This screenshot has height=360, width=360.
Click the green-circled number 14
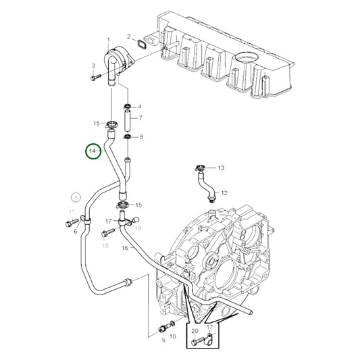93,152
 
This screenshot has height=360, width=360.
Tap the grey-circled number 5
76,198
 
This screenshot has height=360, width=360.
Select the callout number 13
220,167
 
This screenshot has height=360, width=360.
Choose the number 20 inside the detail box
195,331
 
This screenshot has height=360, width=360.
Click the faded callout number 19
105,246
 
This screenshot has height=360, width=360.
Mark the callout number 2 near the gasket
128,36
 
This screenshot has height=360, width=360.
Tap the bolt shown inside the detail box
197,342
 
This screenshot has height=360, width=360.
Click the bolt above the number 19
105,233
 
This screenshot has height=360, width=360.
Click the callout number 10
172,336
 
